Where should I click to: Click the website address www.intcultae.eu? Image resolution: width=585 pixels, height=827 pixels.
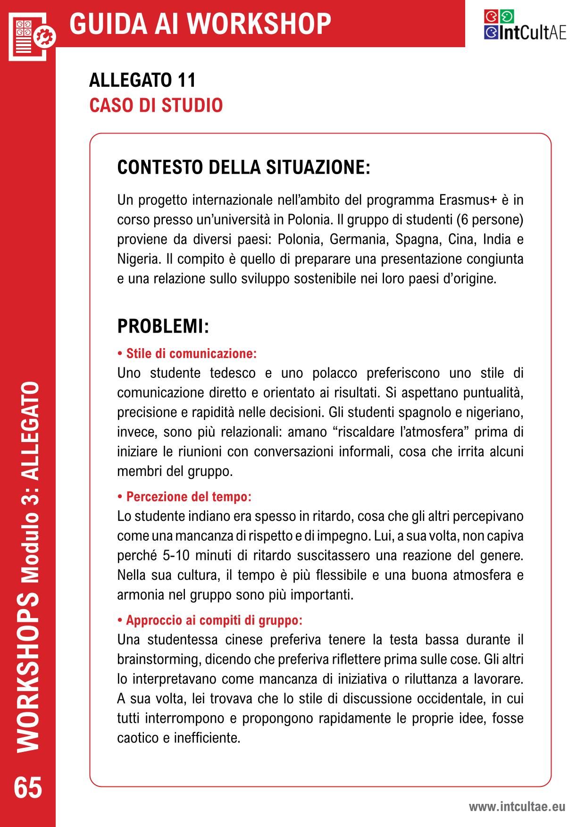pos(517,807)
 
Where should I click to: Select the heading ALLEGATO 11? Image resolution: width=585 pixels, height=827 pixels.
pos(142,80)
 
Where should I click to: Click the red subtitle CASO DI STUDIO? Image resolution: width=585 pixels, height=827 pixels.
pos(156,105)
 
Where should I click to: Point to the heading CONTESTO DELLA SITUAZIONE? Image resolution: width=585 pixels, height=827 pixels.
pos(243,167)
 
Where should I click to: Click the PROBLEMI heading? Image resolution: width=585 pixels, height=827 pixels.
pos(163,326)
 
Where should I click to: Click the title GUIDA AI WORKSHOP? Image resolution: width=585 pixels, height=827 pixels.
pos(200,24)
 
